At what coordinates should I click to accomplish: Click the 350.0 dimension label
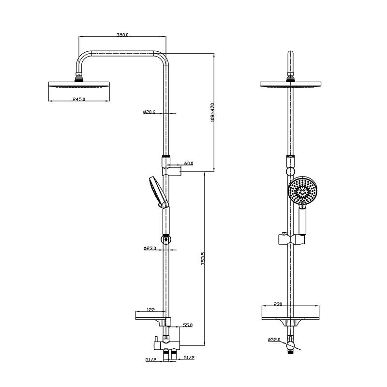(x=122, y=34)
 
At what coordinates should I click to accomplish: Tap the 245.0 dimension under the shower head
(x=79, y=99)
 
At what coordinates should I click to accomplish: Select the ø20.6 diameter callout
(x=149, y=112)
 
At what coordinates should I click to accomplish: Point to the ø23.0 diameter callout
(x=150, y=248)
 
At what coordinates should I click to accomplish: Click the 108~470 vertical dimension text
(x=212, y=112)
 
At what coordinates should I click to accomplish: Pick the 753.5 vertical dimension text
(x=203, y=258)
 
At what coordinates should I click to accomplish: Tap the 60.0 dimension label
(x=189, y=164)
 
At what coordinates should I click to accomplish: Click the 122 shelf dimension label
(x=150, y=310)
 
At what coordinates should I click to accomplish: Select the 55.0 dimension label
(x=188, y=325)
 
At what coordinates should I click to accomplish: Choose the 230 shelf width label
(x=278, y=304)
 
